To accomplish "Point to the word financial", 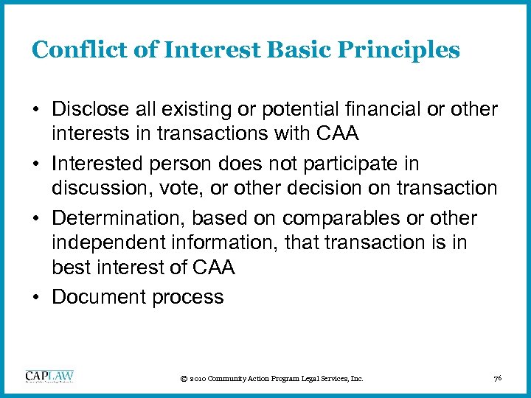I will click(378, 110).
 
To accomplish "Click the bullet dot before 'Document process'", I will click(36, 297).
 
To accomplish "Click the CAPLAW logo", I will click(49, 376).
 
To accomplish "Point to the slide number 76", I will click(497, 378).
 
